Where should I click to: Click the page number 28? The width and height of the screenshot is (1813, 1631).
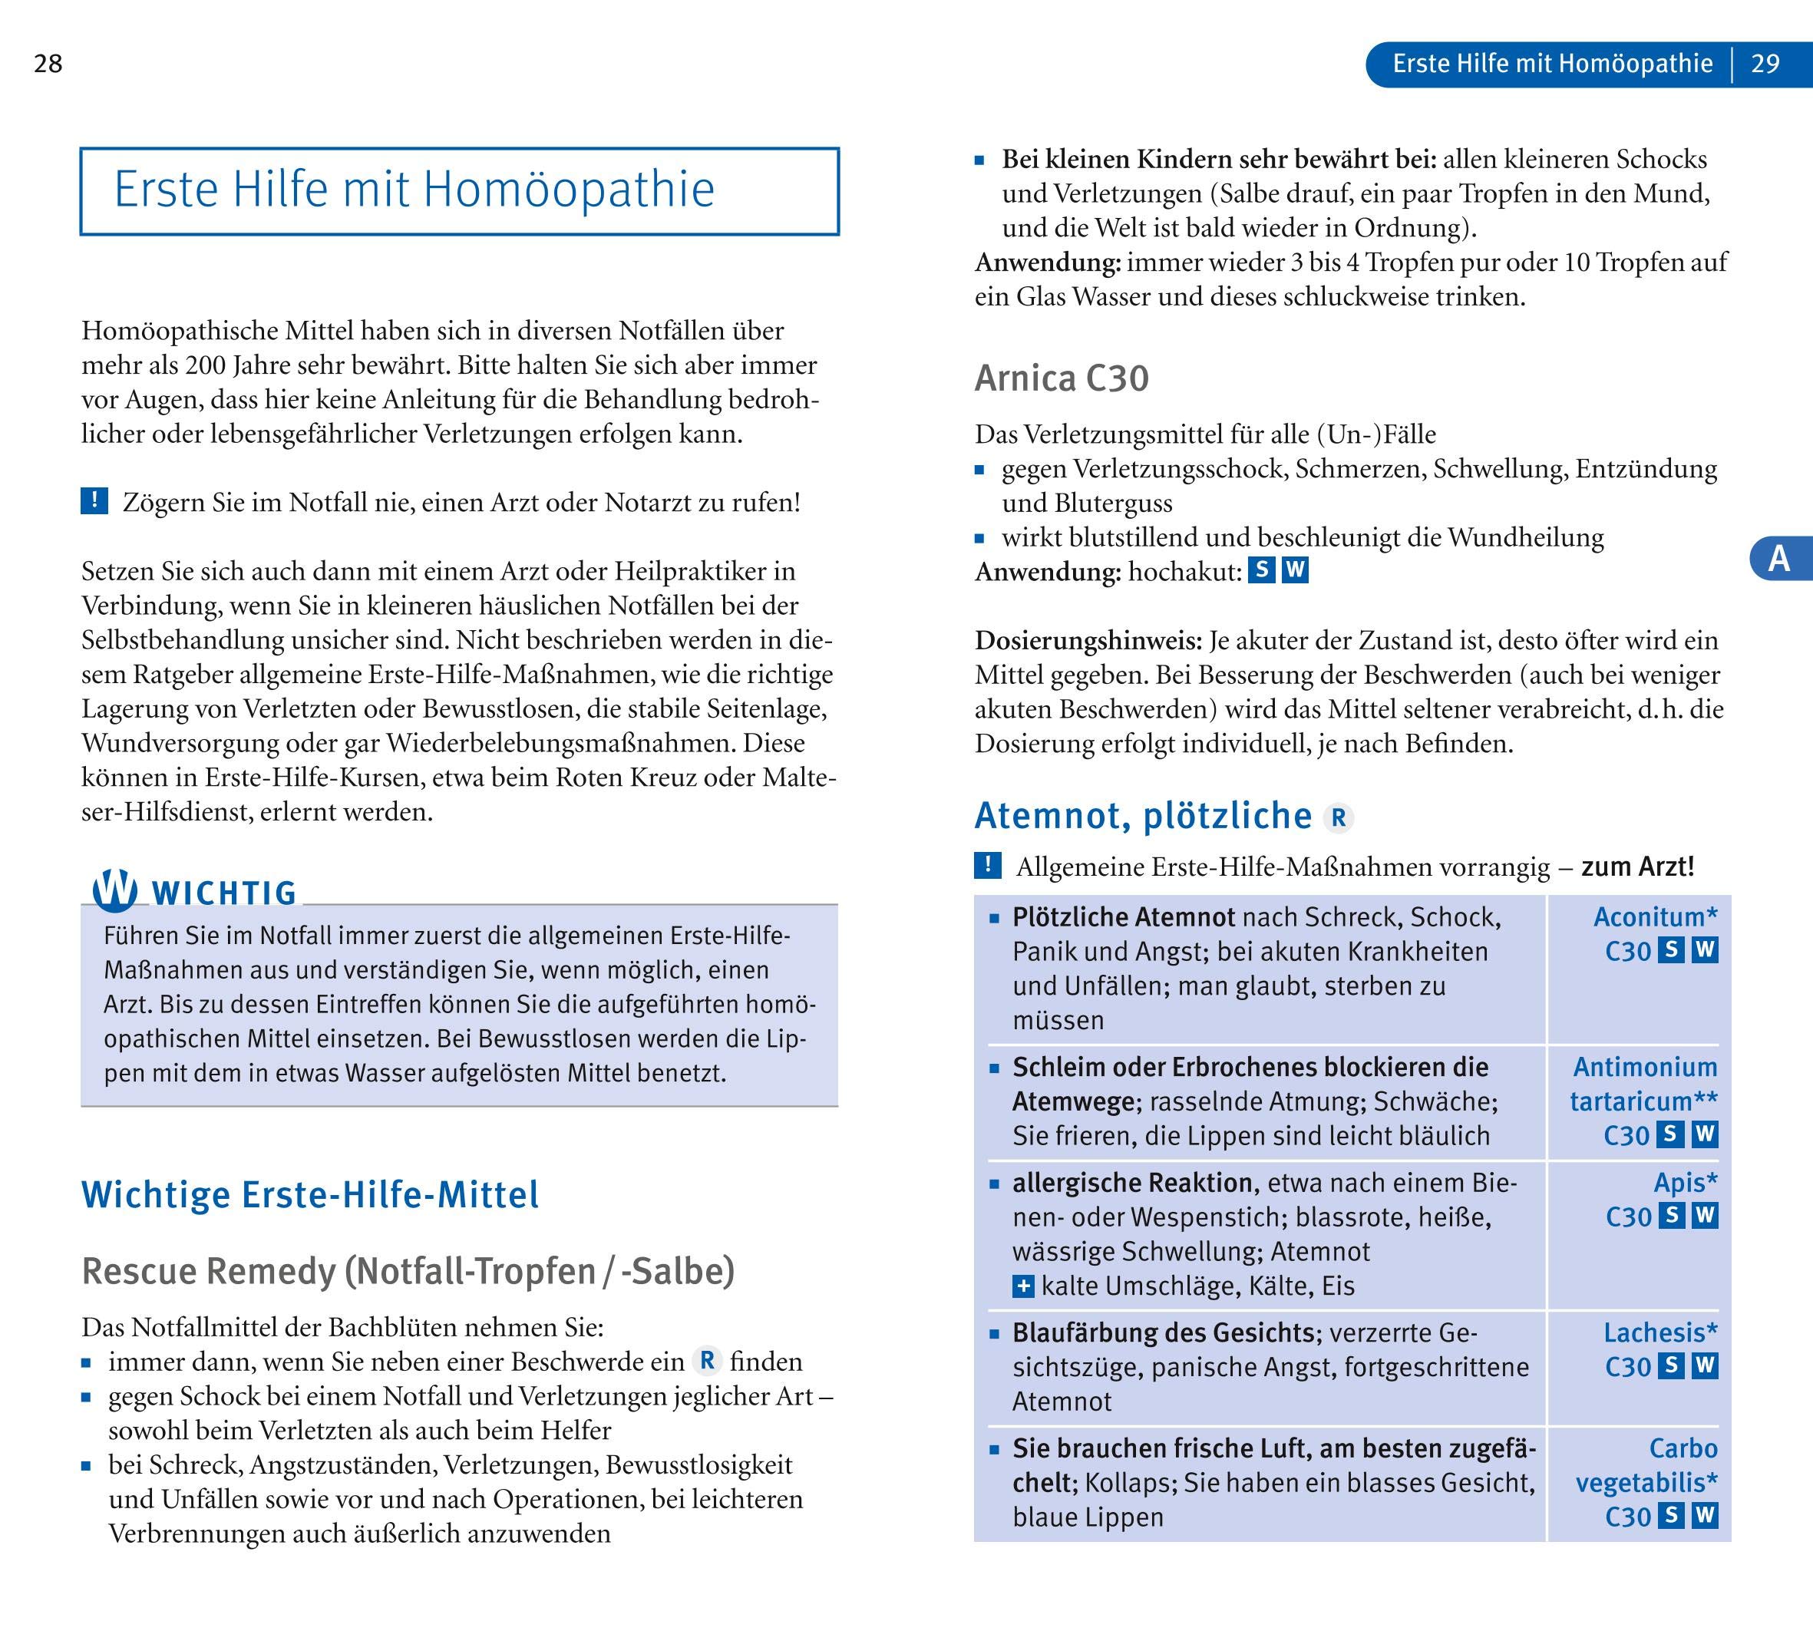coord(48,64)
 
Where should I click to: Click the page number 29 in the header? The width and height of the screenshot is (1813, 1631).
coord(1765,64)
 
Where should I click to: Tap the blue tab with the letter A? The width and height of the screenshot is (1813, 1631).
coord(1779,558)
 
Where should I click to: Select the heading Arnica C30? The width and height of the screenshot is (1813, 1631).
coord(1061,378)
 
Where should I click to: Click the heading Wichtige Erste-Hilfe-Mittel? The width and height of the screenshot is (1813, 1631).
coord(310,1194)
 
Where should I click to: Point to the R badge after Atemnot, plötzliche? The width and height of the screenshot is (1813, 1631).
coord(1338,817)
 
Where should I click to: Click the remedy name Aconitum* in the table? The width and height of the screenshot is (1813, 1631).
coord(1654,916)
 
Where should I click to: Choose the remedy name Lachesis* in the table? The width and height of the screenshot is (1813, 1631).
coord(1659,1332)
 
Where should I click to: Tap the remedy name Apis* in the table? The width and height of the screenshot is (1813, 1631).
coord(1685,1183)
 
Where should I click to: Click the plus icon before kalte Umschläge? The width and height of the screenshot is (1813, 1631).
coord(1022,1287)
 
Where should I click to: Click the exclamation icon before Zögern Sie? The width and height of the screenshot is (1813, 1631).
coord(94,501)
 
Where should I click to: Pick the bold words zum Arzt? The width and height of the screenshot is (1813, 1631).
coord(1637,867)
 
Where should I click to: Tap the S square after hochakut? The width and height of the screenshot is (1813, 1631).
coord(1262,570)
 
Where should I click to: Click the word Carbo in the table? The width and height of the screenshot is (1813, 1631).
coord(1683,1448)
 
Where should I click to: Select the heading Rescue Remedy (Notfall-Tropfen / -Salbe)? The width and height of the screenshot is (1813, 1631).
coord(408,1271)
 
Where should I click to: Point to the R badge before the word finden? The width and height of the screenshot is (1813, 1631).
coord(707,1362)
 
